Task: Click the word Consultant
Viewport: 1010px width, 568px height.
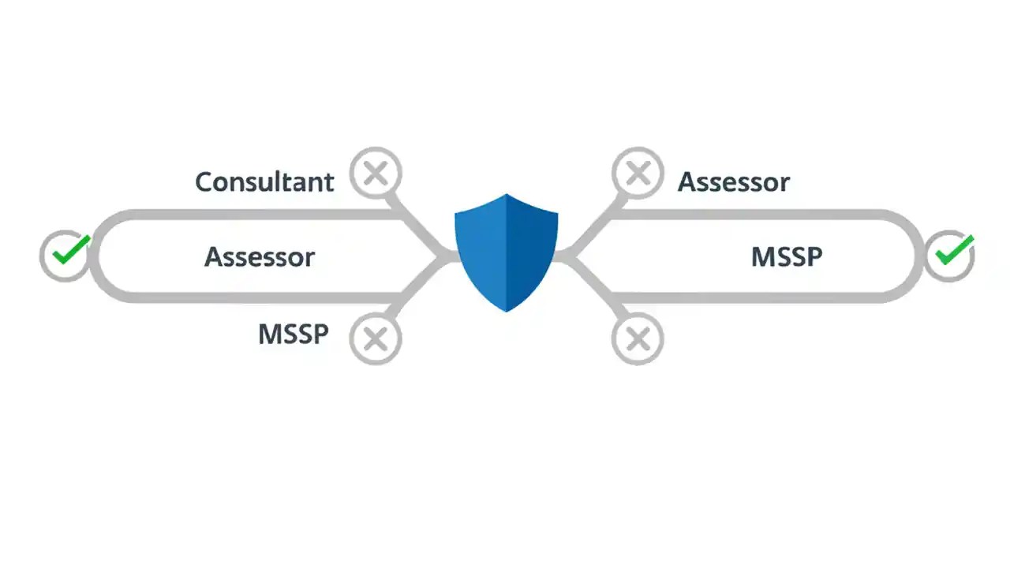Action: (264, 182)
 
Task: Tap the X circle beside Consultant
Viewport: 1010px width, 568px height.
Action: (376, 173)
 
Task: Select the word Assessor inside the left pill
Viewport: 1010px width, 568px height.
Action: (260, 257)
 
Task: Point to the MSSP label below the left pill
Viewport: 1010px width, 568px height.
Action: (293, 334)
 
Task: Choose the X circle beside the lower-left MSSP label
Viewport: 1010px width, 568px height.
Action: (376, 338)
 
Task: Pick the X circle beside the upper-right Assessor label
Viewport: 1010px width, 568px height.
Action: (638, 173)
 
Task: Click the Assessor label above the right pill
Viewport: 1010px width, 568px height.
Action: (734, 182)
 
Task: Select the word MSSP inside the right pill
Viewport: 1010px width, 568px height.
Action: (787, 257)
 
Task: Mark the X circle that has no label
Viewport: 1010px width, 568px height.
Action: (638, 338)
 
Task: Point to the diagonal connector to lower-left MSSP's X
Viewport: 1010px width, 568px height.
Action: (417, 288)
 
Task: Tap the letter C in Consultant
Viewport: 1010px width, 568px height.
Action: (204, 182)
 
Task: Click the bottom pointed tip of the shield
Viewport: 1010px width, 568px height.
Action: (506, 310)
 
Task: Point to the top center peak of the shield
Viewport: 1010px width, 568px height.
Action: (506, 196)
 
